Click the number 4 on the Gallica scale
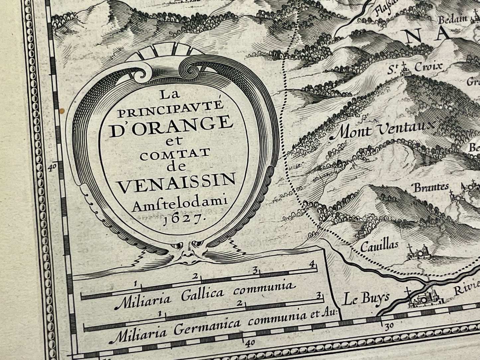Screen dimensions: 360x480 311,265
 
